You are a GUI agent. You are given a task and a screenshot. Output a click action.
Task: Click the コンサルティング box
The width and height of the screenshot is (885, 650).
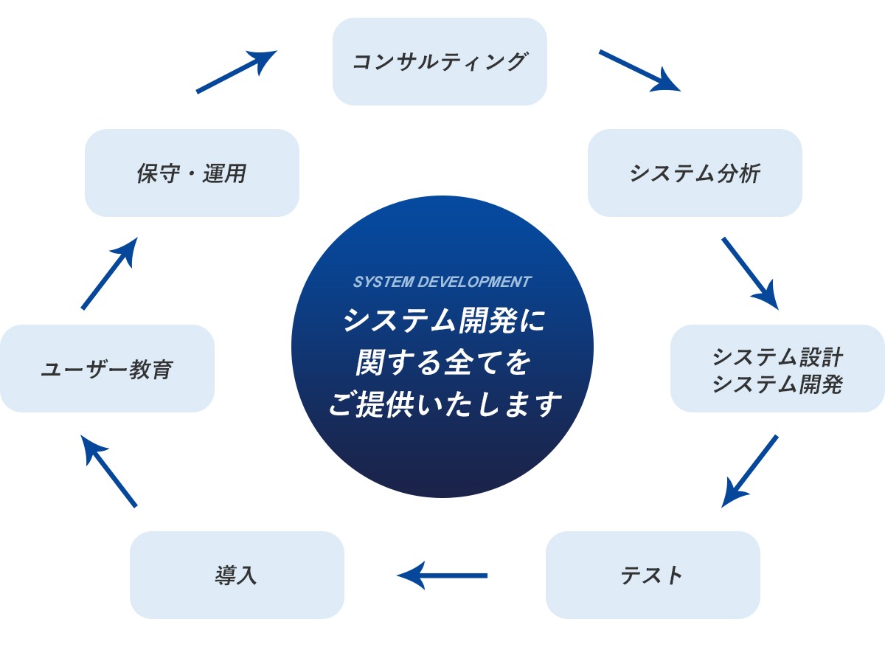point(440,61)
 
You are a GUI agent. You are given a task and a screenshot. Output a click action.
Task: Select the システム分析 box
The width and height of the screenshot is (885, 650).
point(694,173)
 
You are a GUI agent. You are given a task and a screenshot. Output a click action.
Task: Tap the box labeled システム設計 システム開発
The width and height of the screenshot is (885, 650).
point(777,369)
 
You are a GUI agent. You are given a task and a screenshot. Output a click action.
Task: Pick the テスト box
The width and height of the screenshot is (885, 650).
point(652,575)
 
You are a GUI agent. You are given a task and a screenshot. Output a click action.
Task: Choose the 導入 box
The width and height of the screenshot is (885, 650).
point(237,575)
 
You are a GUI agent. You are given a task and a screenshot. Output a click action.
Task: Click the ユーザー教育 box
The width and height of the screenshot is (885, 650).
point(107,368)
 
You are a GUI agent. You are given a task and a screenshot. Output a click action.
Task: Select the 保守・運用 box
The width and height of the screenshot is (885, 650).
point(192,173)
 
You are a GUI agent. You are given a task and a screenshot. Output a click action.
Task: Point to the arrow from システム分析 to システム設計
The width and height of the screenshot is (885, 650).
point(749,272)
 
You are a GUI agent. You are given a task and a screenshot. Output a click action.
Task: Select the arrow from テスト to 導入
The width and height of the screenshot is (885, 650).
point(442,575)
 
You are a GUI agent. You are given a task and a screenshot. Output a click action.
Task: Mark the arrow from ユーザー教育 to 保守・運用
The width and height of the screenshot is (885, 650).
point(109,273)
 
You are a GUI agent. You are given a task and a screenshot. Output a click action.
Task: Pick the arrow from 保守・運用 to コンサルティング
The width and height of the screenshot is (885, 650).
point(236,72)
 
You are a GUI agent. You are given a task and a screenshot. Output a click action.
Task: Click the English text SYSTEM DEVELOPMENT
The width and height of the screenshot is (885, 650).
point(442,282)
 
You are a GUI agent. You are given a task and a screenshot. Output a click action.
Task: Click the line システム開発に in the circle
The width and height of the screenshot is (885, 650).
point(442,320)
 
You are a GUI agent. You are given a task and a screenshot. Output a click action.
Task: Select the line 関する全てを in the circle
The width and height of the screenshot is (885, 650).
point(442,362)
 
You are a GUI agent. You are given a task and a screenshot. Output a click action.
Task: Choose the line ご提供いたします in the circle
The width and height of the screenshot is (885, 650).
point(442,404)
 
